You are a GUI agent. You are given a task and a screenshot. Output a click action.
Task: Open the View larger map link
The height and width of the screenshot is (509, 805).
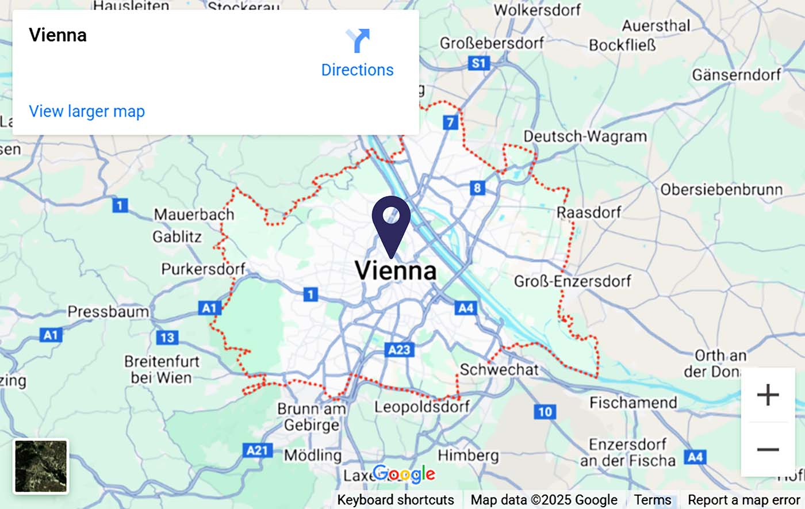tap(87, 111)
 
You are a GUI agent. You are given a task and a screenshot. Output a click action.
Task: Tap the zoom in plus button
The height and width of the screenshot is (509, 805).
tap(768, 395)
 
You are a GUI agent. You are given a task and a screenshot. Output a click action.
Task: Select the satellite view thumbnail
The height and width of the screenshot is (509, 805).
tap(41, 466)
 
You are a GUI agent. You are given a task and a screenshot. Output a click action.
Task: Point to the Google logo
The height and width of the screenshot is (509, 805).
tap(404, 474)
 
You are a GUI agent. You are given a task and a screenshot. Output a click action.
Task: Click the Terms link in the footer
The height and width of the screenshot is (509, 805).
tap(652, 500)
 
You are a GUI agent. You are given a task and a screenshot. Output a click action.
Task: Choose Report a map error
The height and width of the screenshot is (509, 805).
tap(743, 500)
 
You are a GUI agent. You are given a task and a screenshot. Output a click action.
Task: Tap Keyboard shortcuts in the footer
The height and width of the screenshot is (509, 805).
tap(396, 500)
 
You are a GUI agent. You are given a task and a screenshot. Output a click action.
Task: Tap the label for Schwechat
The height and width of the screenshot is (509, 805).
tap(499, 369)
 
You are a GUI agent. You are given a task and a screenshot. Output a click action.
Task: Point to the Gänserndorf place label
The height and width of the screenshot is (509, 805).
tap(737, 75)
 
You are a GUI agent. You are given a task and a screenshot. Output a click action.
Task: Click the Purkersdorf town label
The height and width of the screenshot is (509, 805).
tap(203, 269)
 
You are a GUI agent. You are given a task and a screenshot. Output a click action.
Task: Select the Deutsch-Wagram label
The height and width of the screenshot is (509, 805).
tap(585, 136)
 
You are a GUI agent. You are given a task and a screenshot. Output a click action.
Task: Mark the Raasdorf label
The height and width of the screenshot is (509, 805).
tap(589, 212)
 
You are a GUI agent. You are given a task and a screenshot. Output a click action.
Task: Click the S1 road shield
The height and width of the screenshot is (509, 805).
tap(478, 63)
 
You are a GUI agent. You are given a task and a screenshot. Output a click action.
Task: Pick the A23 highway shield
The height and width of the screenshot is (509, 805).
tap(399, 350)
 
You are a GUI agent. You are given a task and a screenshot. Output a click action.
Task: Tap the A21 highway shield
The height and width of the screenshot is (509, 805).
tap(257, 450)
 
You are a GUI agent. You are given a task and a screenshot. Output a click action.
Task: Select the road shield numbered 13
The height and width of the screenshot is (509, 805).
tap(167, 338)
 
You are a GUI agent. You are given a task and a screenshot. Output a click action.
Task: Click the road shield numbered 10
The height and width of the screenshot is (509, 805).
tap(545, 411)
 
